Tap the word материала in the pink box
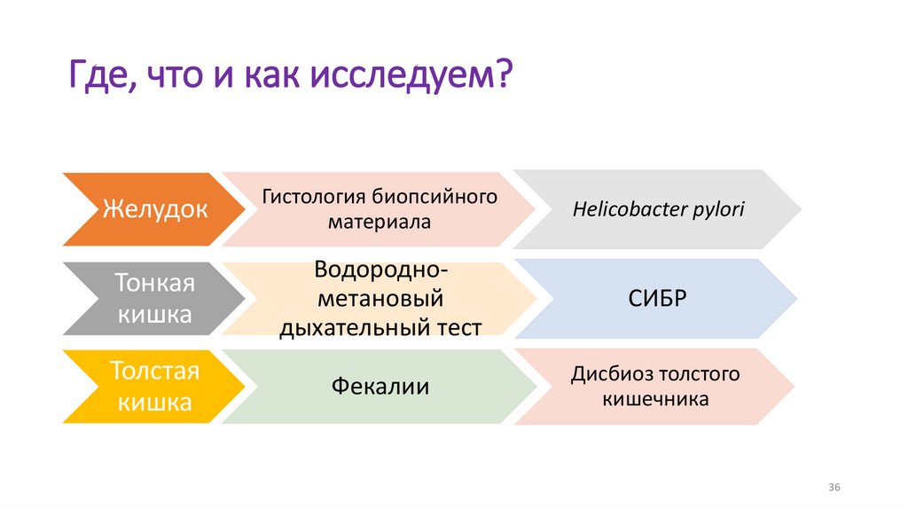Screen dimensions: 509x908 [379, 222]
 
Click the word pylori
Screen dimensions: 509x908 [718, 210]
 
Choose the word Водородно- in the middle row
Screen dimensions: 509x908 [380, 269]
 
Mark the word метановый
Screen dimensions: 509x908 [380, 298]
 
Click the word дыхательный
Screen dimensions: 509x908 [354, 327]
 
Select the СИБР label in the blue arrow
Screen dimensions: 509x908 [657, 298]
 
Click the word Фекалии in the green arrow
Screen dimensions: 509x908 [380, 387]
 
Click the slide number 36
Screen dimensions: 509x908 [834, 489]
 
